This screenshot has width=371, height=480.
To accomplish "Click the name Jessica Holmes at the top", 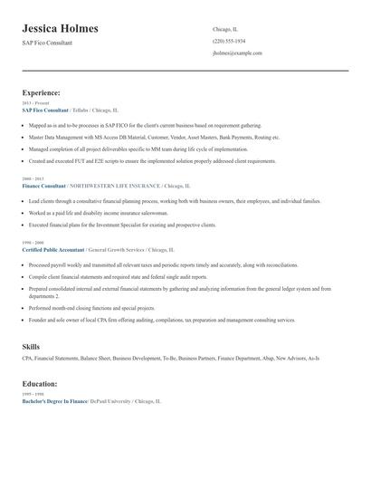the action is (x=60, y=28).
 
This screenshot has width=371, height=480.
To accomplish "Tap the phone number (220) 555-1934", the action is (x=228, y=41).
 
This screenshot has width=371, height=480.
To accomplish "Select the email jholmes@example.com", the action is (x=237, y=53).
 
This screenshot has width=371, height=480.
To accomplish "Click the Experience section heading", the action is (x=42, y=92).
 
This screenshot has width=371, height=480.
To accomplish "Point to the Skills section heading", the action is (x=31, y=347).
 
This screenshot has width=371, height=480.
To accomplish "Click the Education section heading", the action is (x=41, y=384).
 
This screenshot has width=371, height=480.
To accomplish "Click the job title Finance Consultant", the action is (x=43, y=185).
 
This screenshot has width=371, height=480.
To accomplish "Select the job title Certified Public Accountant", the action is (x=53, y=248).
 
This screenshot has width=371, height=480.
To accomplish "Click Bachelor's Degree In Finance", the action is (x=54, y=400).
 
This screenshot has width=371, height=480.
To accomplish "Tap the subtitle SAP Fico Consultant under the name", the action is (x=47, y=43).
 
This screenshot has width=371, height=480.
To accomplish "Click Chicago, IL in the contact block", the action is (x=225, y=29).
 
